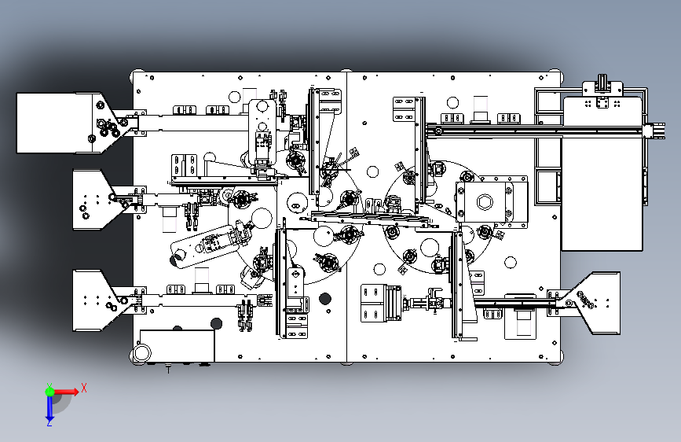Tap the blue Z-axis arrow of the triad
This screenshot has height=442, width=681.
click(49, 407)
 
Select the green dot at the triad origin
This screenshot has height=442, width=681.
click(49, 390)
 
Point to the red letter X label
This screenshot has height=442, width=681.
click(83, 388)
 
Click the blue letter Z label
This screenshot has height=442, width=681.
click(49, 423)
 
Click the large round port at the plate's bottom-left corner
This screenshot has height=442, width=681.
click(142, 353)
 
